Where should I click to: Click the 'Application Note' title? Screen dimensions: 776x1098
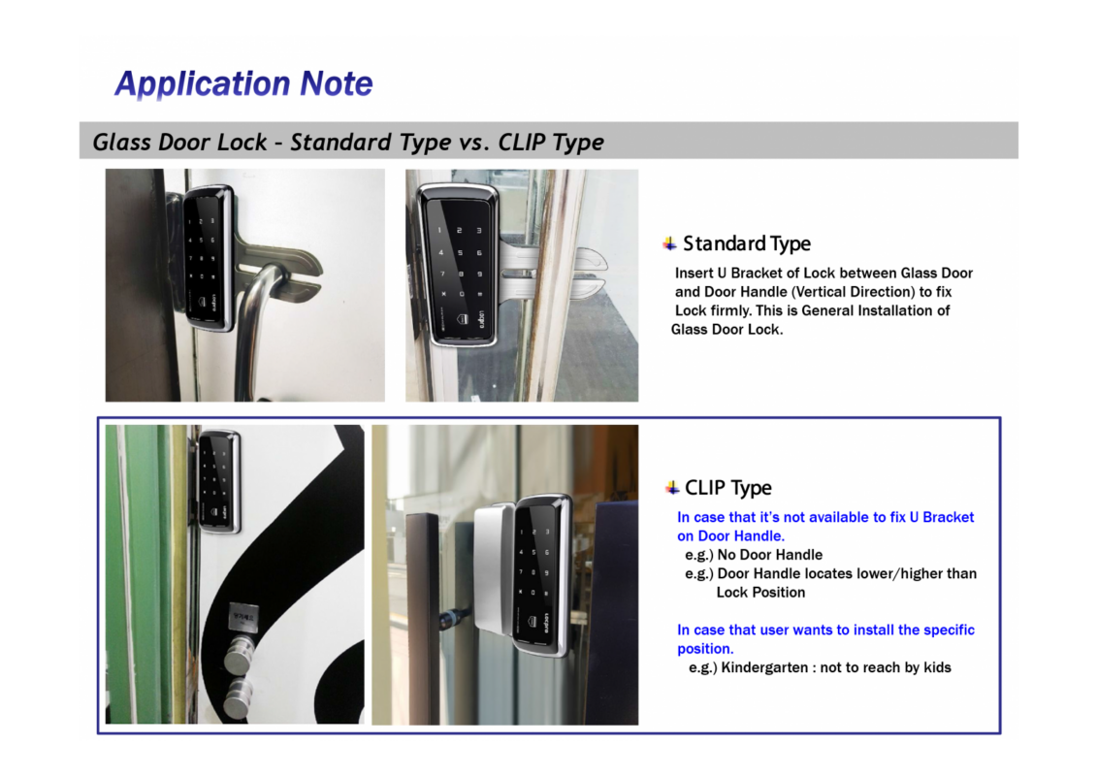point(243,84)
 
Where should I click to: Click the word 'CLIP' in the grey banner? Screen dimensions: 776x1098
point(522,143)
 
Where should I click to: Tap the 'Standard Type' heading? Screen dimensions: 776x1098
point(746,243)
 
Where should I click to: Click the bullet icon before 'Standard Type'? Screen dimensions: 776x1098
point(670,243)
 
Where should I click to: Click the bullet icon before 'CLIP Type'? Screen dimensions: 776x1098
point(672,487)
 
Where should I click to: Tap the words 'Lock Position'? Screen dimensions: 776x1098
point(760,593)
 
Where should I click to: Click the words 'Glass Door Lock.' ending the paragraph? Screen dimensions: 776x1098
point(727,330)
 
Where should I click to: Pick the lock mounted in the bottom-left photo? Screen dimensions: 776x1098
point(218,480)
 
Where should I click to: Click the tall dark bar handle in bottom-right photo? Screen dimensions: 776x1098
point(423,621)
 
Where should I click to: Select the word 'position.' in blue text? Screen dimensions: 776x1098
point(705,649)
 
